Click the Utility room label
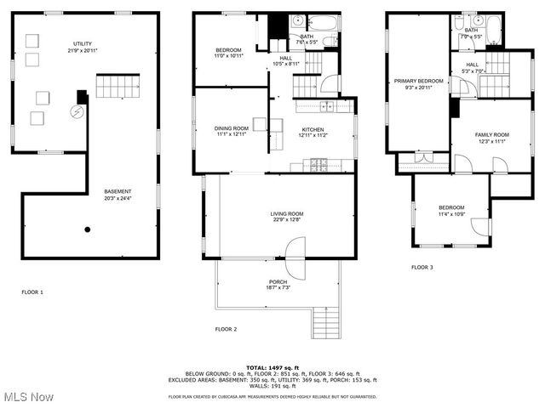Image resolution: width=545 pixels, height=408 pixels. [82, 46]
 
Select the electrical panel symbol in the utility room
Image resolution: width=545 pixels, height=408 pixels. [77, 111]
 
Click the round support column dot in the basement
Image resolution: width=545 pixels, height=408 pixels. [87, 229]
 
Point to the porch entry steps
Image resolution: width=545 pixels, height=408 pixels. [326, 321]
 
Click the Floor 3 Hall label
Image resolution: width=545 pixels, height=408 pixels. [471, 67]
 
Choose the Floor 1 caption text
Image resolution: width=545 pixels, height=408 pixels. [32, 292]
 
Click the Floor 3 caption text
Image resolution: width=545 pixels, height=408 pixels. [422, 267]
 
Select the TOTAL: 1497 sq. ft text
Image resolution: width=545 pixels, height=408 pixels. [273, 367]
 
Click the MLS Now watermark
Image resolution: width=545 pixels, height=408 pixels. [29, 397]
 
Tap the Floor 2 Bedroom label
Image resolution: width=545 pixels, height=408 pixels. [228, 53]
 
